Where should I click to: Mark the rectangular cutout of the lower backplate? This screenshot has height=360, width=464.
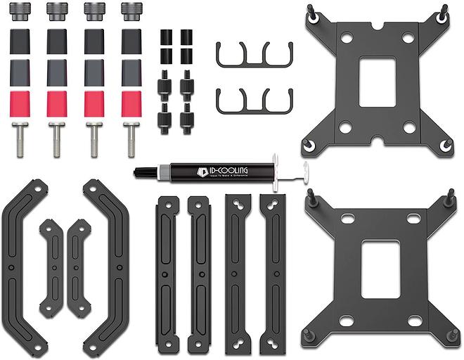coord(380,268)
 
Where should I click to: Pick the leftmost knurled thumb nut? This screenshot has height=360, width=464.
coord(20,11)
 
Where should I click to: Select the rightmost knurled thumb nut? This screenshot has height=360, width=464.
coord(131,11)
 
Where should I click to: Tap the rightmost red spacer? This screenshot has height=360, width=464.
coord(131,103)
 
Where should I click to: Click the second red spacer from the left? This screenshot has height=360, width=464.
coord(57,103)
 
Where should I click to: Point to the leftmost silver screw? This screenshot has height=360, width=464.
coord(20,139)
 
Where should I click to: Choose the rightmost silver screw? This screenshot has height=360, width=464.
coord(131,139)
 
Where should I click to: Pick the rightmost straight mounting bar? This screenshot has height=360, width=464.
coord(273,274)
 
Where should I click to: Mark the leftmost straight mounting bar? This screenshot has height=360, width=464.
coord(167,274)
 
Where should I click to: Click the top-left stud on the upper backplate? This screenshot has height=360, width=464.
coord(311,11)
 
